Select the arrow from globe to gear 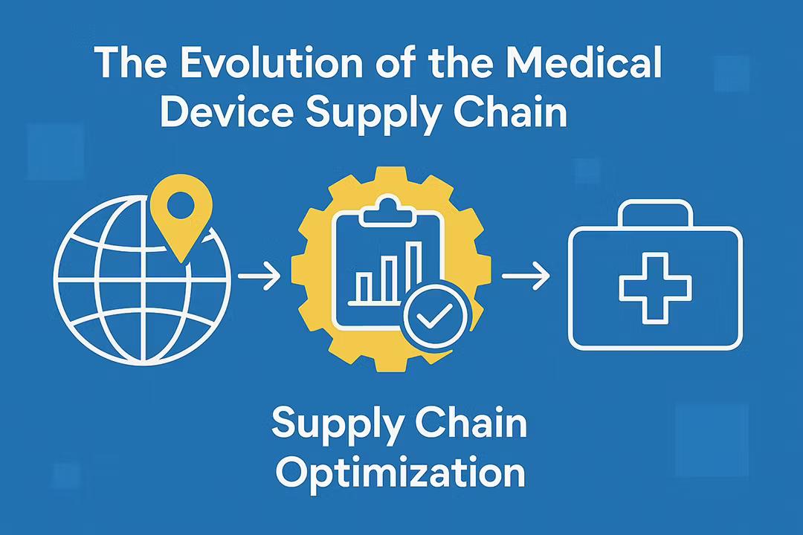259,277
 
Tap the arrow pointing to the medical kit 526,277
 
